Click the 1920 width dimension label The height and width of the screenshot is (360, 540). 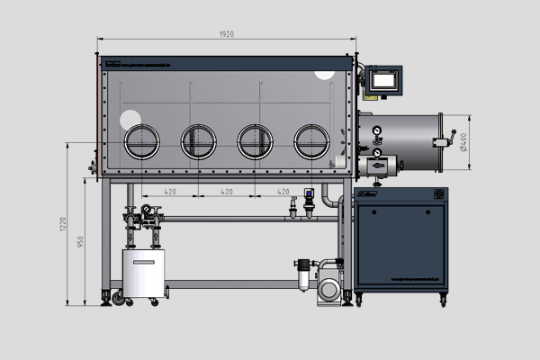coord(226,34)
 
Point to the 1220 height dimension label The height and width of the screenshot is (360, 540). coord(64,224)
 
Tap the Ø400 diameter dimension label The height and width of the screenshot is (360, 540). coord(463,141)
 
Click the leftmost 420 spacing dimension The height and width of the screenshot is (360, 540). coord(170,192)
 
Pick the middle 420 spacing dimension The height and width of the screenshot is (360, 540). coord(227,192)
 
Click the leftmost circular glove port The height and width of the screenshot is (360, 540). coord(141,141)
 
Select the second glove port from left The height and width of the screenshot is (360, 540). coord(198,141)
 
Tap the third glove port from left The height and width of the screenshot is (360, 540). coord(255,141)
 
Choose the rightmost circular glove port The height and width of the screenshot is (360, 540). coord(311,141)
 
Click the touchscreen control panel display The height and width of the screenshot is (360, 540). coord(384,80)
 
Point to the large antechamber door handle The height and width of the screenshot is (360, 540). coord(442,141)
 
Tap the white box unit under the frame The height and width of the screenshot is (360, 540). coord(144,274)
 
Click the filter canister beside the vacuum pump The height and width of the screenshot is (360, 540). coord(303,274)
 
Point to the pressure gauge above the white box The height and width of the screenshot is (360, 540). coord(145,211)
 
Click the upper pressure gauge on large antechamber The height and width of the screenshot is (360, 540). coord(375,128)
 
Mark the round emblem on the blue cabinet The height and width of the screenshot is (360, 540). coord(439,194)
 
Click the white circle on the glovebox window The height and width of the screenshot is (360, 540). coord(130,118)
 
